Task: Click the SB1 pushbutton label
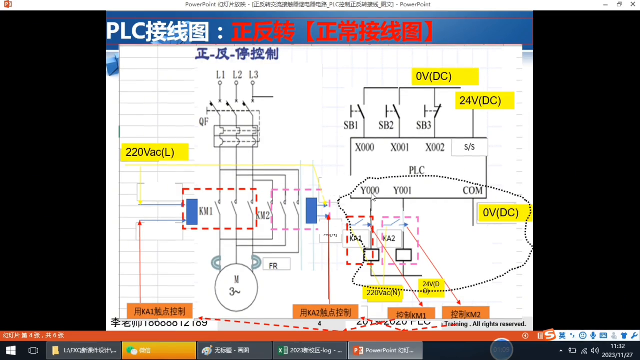click(350, 125)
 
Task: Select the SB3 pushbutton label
click(423, 125)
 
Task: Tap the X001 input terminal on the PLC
click(399, 148)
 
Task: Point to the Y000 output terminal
click(370, 190)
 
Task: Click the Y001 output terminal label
click(402, 190)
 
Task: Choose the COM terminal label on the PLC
click(472, 190)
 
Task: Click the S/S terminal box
click(469, 147)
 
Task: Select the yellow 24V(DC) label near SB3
click(480, 101)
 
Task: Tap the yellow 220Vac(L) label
click(150, 152)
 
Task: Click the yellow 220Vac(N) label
click(383, 292)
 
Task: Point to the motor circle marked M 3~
click(236, 287)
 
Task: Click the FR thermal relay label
click(273, 266)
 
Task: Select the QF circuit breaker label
click(204, 121)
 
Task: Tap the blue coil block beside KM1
click(192, 211)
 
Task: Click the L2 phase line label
click(237, 75)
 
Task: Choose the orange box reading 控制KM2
click(465, 314)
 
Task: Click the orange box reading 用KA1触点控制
click(160, 311)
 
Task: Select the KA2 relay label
click(389, 238)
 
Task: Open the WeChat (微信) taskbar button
click(159, 350)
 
